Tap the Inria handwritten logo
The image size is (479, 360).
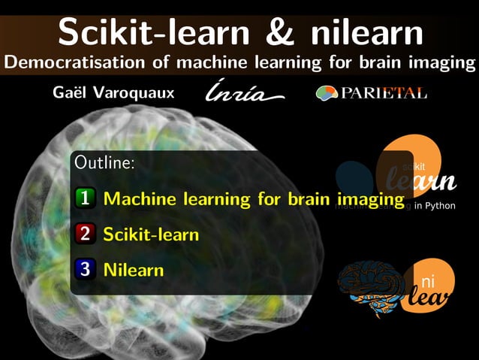point(244,93)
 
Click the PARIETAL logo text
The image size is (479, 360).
point(384,93)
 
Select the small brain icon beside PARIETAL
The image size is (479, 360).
point(327,93)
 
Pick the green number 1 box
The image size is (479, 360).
point(85,198)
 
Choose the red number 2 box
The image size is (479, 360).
point(85,234)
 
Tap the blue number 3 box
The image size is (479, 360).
point(85,268)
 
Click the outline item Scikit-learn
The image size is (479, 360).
point(151,234)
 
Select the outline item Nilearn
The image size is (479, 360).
point(133,268)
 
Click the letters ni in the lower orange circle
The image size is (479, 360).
point(427,282)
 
